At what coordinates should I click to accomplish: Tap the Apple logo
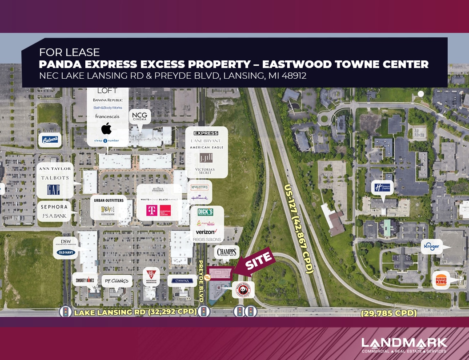[106, 129]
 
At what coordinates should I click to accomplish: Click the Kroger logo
[432, 246]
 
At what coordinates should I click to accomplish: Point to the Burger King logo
[441, 280]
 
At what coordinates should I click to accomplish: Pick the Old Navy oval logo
[66, 252]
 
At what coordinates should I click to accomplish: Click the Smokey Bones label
[84, 280]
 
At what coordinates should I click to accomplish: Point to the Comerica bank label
[182, 281]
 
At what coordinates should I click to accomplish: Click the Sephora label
[55, 207]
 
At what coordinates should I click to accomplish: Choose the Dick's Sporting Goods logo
[205, 212]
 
